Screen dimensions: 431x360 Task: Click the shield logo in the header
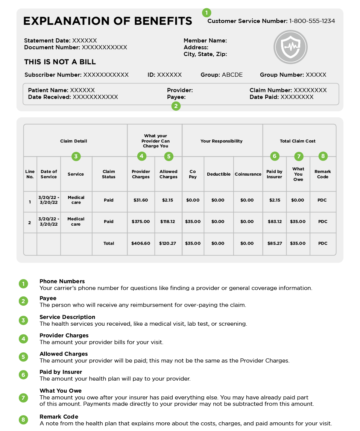[x=290, y=47]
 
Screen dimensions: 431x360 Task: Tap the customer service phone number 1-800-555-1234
[x=312, y=21]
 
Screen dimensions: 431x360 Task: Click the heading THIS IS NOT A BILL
[x=60, y=62]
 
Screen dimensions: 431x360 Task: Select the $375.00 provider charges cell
[x=141, y=222]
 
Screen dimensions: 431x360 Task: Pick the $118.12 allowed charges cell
[x=168, y=222]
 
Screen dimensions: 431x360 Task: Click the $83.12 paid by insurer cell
[x=275, y=222]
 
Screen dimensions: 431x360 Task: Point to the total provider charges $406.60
[x=141, y=243]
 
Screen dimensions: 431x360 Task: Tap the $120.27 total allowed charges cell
[x=168, y=243]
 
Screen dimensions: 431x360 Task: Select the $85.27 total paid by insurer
[x=275, y=243]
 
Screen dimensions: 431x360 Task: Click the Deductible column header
[x=219, y=174]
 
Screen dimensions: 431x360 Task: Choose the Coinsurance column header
[x=248, y=174]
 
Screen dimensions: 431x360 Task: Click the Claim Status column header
[x=109, y=174]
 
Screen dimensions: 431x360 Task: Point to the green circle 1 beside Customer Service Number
[x=207, y=12]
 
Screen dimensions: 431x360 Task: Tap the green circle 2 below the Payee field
[x=176, y=106]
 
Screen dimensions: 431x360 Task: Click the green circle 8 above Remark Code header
[x=323, y=156]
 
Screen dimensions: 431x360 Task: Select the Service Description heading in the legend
[x=67, y=317]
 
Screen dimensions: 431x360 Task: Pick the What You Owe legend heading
[x=61, y=391]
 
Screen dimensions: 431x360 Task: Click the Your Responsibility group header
[x=222, y=141]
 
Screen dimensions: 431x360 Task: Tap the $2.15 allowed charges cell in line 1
[x=168, y=200]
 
